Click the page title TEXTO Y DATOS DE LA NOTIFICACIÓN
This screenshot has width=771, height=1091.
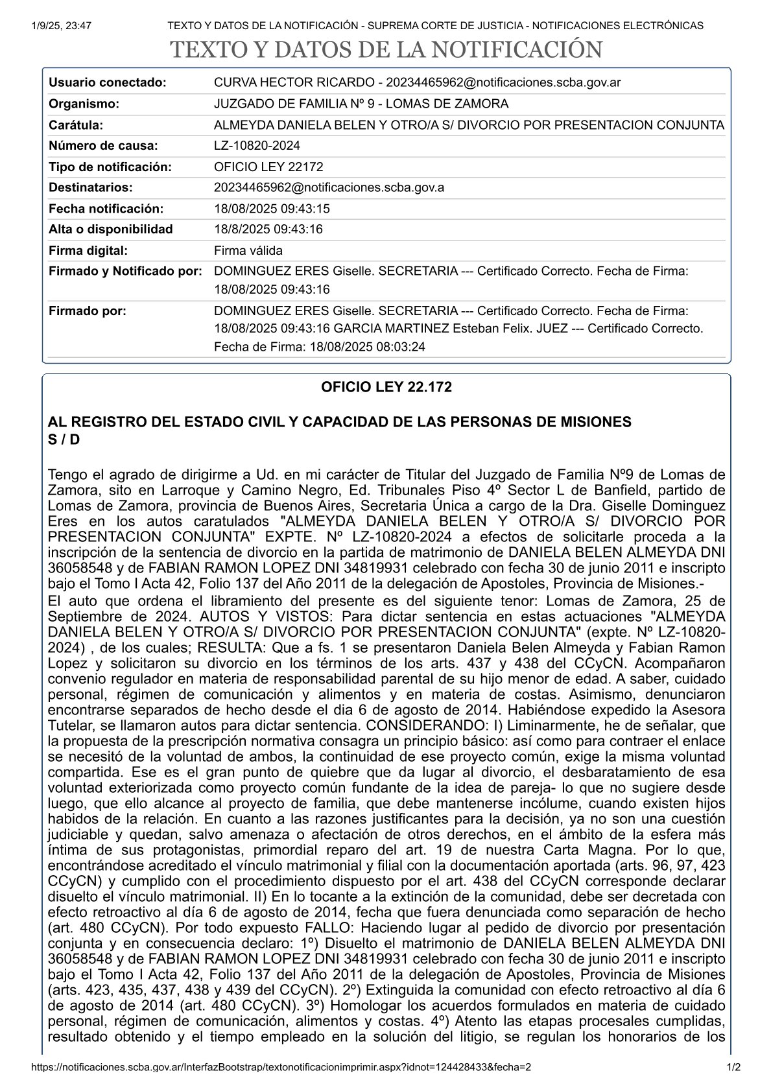[386, 51]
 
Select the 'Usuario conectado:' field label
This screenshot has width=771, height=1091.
[108, 83]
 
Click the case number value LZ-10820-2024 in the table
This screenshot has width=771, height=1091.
[257, 146]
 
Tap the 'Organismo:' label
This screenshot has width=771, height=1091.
[84, 104]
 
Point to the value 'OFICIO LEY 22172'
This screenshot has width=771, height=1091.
[268, 167]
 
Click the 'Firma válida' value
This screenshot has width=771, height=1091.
[248, 250]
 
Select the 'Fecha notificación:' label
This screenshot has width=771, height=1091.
[106, 209]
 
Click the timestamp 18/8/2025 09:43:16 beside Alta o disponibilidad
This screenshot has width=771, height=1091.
[268, 229]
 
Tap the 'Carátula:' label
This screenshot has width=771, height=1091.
[76, 125]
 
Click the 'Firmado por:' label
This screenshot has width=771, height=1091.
[88, 311]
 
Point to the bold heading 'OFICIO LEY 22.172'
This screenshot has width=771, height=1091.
[386, 388]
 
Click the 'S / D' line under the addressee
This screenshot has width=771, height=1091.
[64, 439]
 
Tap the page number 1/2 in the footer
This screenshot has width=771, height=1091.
[733, 1067]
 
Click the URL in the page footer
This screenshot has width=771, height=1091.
[281, 1067]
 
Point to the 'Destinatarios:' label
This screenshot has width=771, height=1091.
[91, 188]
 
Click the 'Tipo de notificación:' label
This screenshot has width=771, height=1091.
[110, 167]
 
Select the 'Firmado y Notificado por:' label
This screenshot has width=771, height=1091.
[126, 272]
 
